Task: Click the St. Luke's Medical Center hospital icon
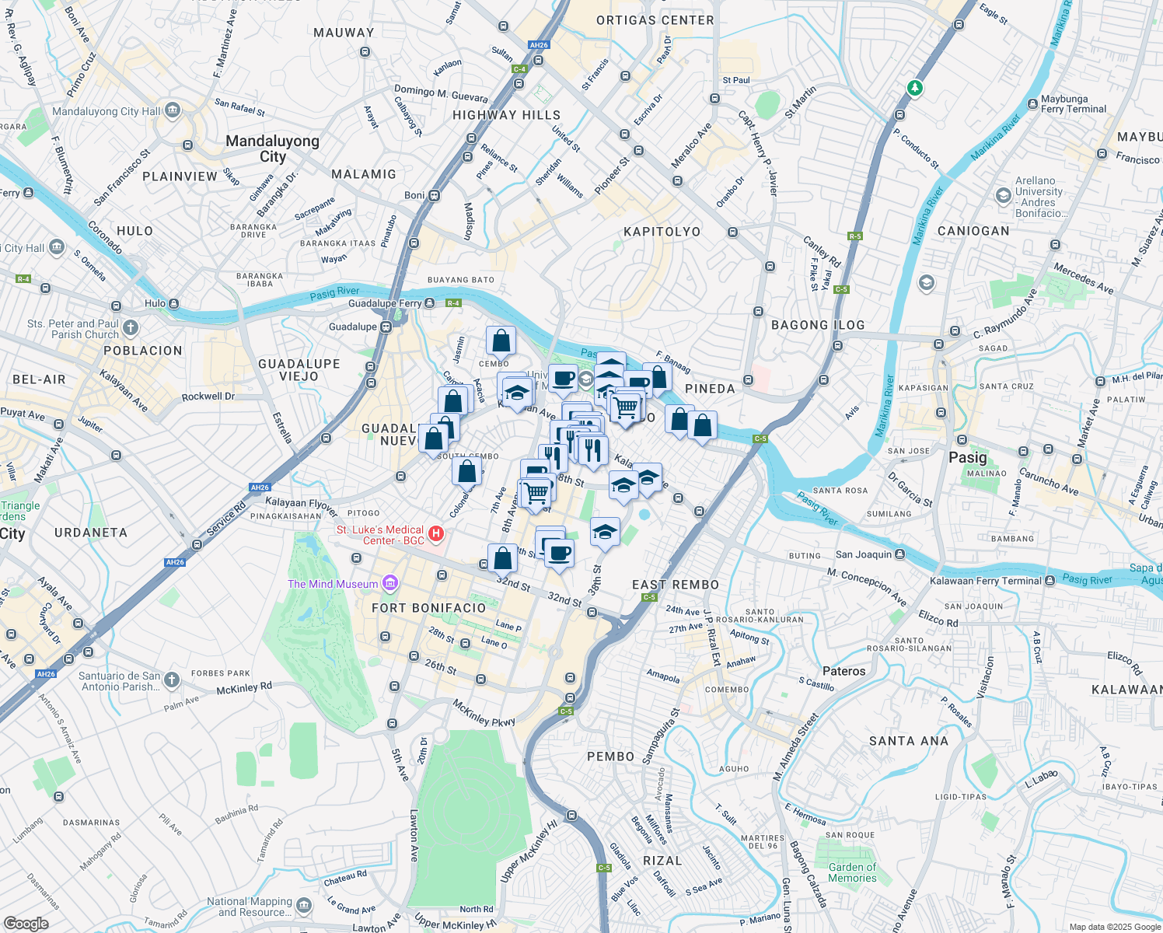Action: [436, 533]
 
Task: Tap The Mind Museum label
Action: [333, 584]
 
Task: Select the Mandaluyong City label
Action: [272, 149]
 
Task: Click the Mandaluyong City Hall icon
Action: [173, 110]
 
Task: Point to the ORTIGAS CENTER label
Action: [655, 20]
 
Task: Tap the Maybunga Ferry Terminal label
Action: [1074, 104]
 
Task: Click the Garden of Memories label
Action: [852, 872]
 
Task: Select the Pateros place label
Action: [843, 671]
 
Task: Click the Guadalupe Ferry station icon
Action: [429, 303]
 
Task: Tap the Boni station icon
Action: [435, 195]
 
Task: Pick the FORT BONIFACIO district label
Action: [428, 608]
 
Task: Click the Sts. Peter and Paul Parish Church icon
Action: [131, 328]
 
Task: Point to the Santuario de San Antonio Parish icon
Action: [172, 680]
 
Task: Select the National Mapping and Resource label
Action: [250, 907]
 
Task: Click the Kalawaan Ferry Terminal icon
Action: [1049, 581]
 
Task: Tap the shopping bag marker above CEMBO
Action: [501, 341]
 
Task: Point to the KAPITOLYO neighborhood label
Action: [662, 232]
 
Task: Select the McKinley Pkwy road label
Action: [484, 712]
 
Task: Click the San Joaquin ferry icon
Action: [899, 554]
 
